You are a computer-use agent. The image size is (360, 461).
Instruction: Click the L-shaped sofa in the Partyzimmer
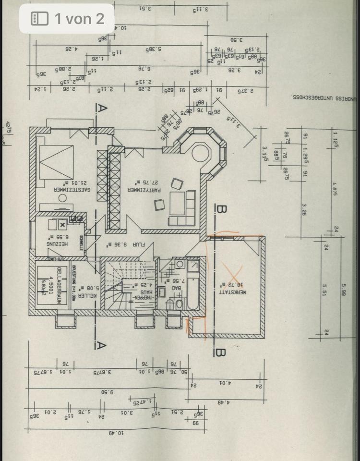182,209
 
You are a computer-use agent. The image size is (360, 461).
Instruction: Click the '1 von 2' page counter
67,19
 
